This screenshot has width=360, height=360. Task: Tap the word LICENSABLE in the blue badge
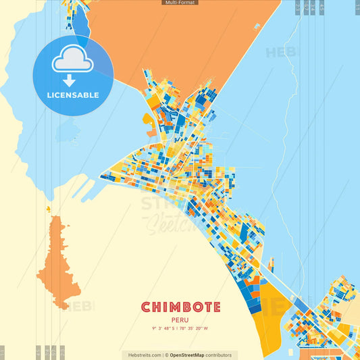tap(73, 95)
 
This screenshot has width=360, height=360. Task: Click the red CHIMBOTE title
tap(180, 307)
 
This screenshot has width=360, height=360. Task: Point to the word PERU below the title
tap(180, 320)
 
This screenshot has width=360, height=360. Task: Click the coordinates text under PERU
tap(180, 329)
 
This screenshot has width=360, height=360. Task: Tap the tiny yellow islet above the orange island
tap(49, 209)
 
